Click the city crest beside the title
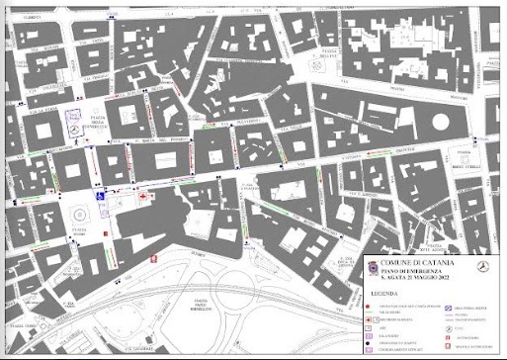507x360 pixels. [x=373, y=267]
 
